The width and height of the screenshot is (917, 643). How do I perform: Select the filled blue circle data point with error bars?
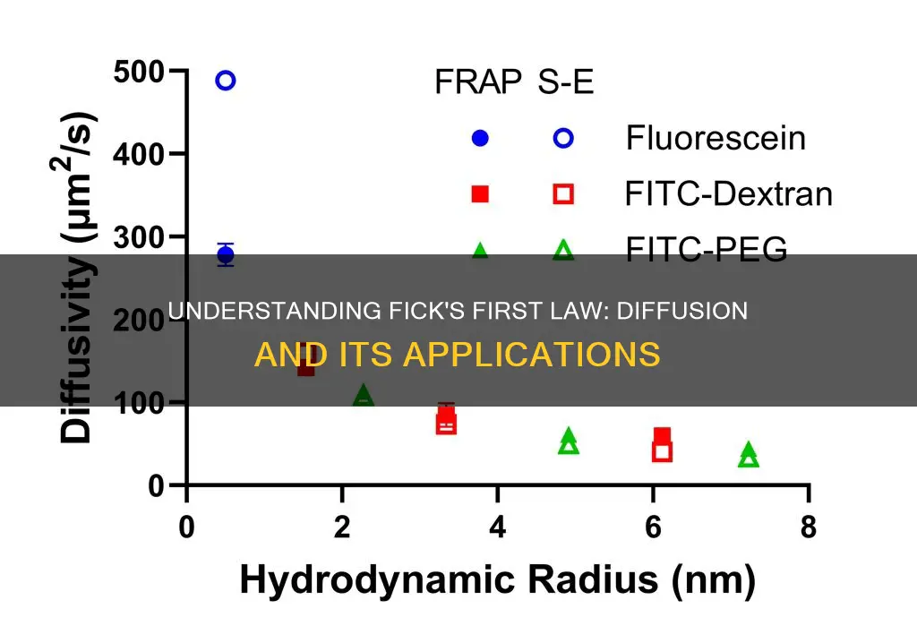coord(226,255)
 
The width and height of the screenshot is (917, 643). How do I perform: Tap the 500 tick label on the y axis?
coord(139,73)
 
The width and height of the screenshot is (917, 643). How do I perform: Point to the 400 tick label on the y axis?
coord(139,155)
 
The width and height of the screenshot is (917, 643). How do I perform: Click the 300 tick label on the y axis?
coord(139,237)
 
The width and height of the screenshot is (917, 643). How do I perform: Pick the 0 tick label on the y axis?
coord(156,485)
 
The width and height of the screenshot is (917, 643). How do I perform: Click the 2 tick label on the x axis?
coord(342,527)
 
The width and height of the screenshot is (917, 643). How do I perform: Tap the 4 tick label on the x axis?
coord(497,527)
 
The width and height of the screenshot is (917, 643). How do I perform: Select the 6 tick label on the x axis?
coord(653,527)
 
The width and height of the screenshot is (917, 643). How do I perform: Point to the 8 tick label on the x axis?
coord(809,527)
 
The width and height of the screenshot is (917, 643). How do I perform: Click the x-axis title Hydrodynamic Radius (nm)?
coord(498,580)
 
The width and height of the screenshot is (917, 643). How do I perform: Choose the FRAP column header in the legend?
coord(478,81)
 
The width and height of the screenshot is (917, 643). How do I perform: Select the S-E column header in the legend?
coord(566,81)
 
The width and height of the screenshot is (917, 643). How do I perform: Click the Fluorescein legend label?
coord(716,138)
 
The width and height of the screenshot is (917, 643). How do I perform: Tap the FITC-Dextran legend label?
coord(729,193)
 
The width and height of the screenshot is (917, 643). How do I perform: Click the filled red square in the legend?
coord(480,193)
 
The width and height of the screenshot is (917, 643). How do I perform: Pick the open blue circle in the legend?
coord(563,138)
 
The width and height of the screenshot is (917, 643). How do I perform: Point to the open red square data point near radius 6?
coord(662,451)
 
